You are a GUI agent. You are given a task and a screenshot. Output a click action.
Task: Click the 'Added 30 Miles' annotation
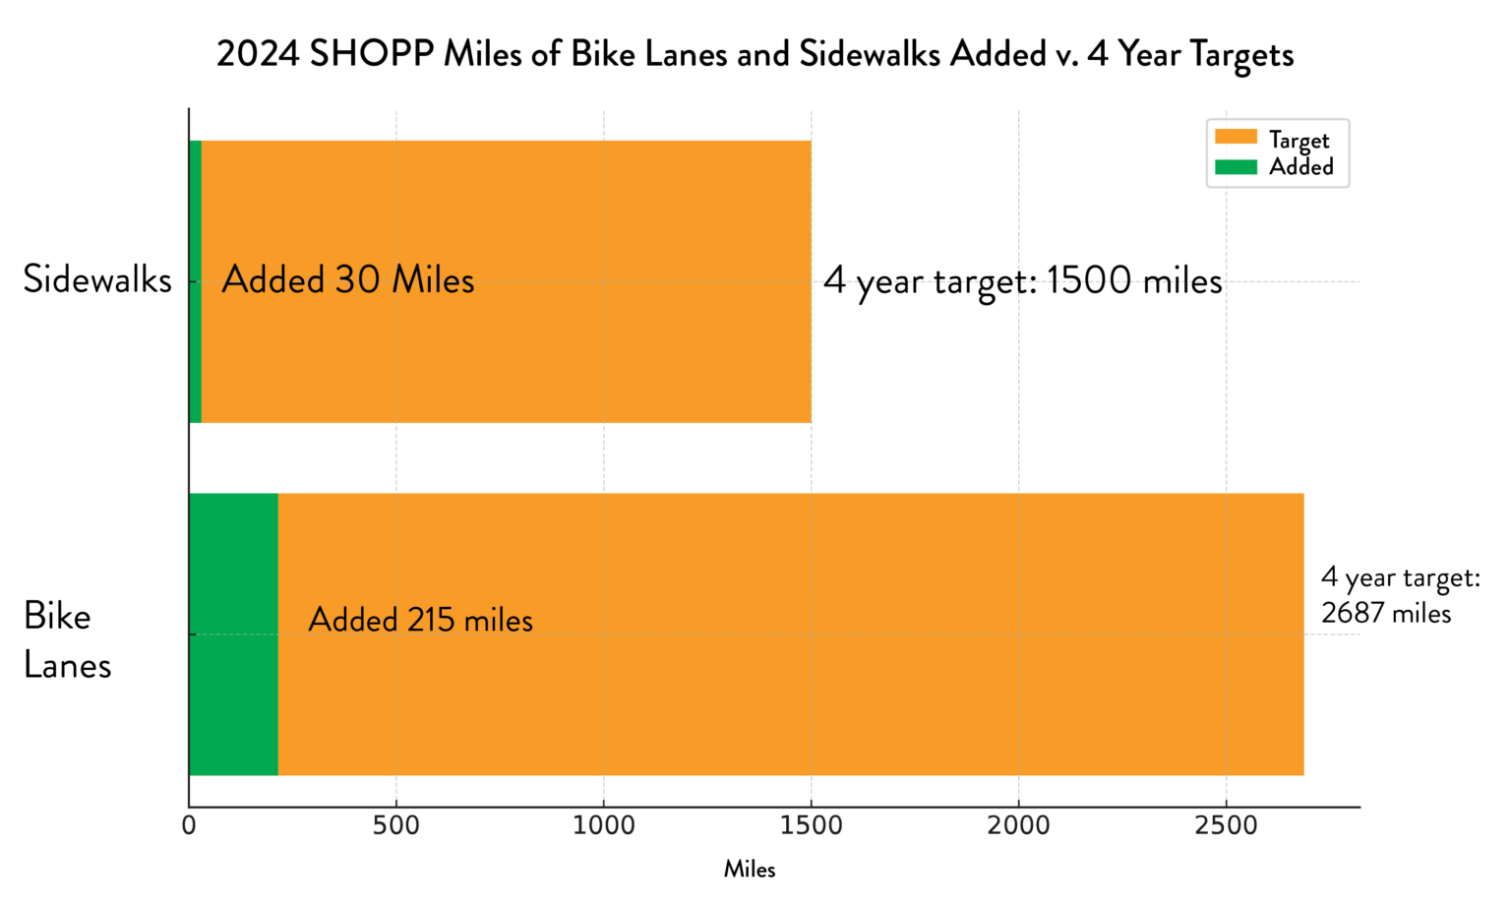pos(347,280)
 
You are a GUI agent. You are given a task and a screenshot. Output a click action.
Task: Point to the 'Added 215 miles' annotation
pos(420,620)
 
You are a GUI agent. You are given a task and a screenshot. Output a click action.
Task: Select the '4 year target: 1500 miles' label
pos(1022,281)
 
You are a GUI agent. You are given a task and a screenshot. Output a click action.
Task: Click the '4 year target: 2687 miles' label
pos(1399,595)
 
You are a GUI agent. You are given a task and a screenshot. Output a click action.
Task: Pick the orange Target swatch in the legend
pos(1236,138)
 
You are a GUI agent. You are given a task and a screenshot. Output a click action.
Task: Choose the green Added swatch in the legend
pos(1236,166)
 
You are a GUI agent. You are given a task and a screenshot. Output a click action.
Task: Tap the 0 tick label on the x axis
pos(189,825)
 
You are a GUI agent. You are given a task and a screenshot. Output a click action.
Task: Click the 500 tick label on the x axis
pos(396,825)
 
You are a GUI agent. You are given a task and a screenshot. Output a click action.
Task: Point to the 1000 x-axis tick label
pos(604,825)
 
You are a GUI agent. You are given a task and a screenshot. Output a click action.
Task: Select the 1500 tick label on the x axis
pos(812,825)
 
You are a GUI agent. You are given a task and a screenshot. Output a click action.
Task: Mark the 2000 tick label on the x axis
pos(1019,825)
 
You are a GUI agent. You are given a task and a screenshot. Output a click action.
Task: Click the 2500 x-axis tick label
pos(1226,825)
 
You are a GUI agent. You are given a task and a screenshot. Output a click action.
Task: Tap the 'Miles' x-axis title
pos(750,870)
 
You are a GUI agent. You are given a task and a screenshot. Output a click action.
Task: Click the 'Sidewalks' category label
pos(97,280)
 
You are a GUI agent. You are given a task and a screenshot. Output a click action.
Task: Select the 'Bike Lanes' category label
pos(67,640)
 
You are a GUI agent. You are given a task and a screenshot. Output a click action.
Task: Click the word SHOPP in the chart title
pos(371,54)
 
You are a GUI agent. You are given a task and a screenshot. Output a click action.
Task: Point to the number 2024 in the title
pos(258,54)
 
